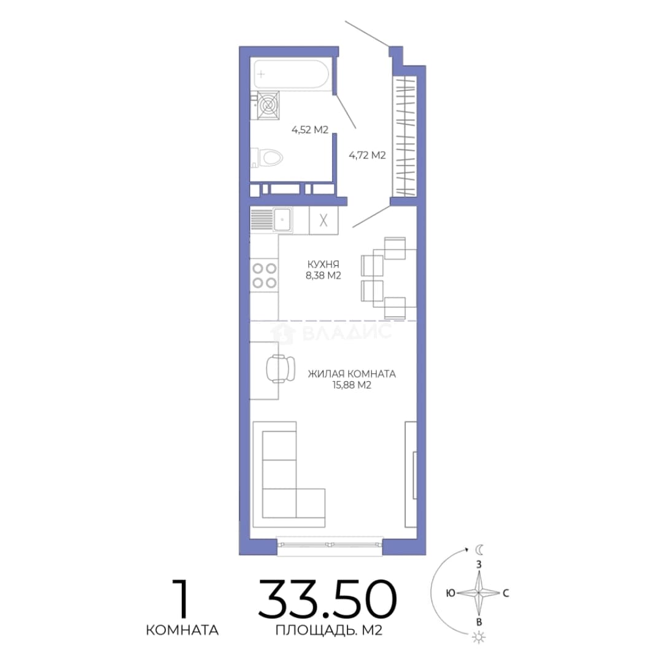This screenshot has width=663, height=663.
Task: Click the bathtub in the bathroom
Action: click(x=291, y=74)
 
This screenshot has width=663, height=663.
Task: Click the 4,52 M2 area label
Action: click(x=310, y=130)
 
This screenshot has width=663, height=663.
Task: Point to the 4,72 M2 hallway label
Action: click(x=367, y=155)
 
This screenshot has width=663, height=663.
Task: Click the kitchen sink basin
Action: click(x=282, y=219)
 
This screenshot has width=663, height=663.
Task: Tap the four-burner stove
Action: click(x=264, y=275)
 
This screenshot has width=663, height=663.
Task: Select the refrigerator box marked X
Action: click(x=324, y=220)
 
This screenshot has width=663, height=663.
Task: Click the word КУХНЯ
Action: click(x=324, y=264)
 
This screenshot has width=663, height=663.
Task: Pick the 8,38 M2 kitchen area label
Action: click(x=324, y=276)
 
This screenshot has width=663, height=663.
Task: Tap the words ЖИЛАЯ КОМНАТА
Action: click(x=352, y=374)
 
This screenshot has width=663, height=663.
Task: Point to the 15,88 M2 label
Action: click(x=352, y=385)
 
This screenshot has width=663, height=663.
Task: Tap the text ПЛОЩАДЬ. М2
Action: click(x=329, y=630)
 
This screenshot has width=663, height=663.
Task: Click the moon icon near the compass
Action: click(x=479, y=549)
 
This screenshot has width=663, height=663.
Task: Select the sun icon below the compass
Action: click(x=479, y=637)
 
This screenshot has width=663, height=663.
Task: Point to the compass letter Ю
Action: click(x=451, y=593)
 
